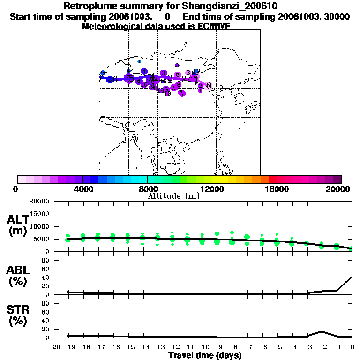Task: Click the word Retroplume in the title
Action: (x=88, y=6)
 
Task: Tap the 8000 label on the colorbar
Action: (x=147, y=189)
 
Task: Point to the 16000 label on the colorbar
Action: (x=277, y=189)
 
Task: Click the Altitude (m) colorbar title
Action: (x=173, y=196)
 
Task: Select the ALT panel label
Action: (x=17, y=225)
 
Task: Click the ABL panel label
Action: (x=17, y=276)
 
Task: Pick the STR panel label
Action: (x=17, y=315)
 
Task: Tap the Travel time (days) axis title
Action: (x=205, y=356)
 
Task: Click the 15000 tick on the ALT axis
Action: (x=40, y=214)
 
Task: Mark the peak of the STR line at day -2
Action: (x=322, y=331)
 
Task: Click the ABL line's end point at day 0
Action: (x=352, y=277)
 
